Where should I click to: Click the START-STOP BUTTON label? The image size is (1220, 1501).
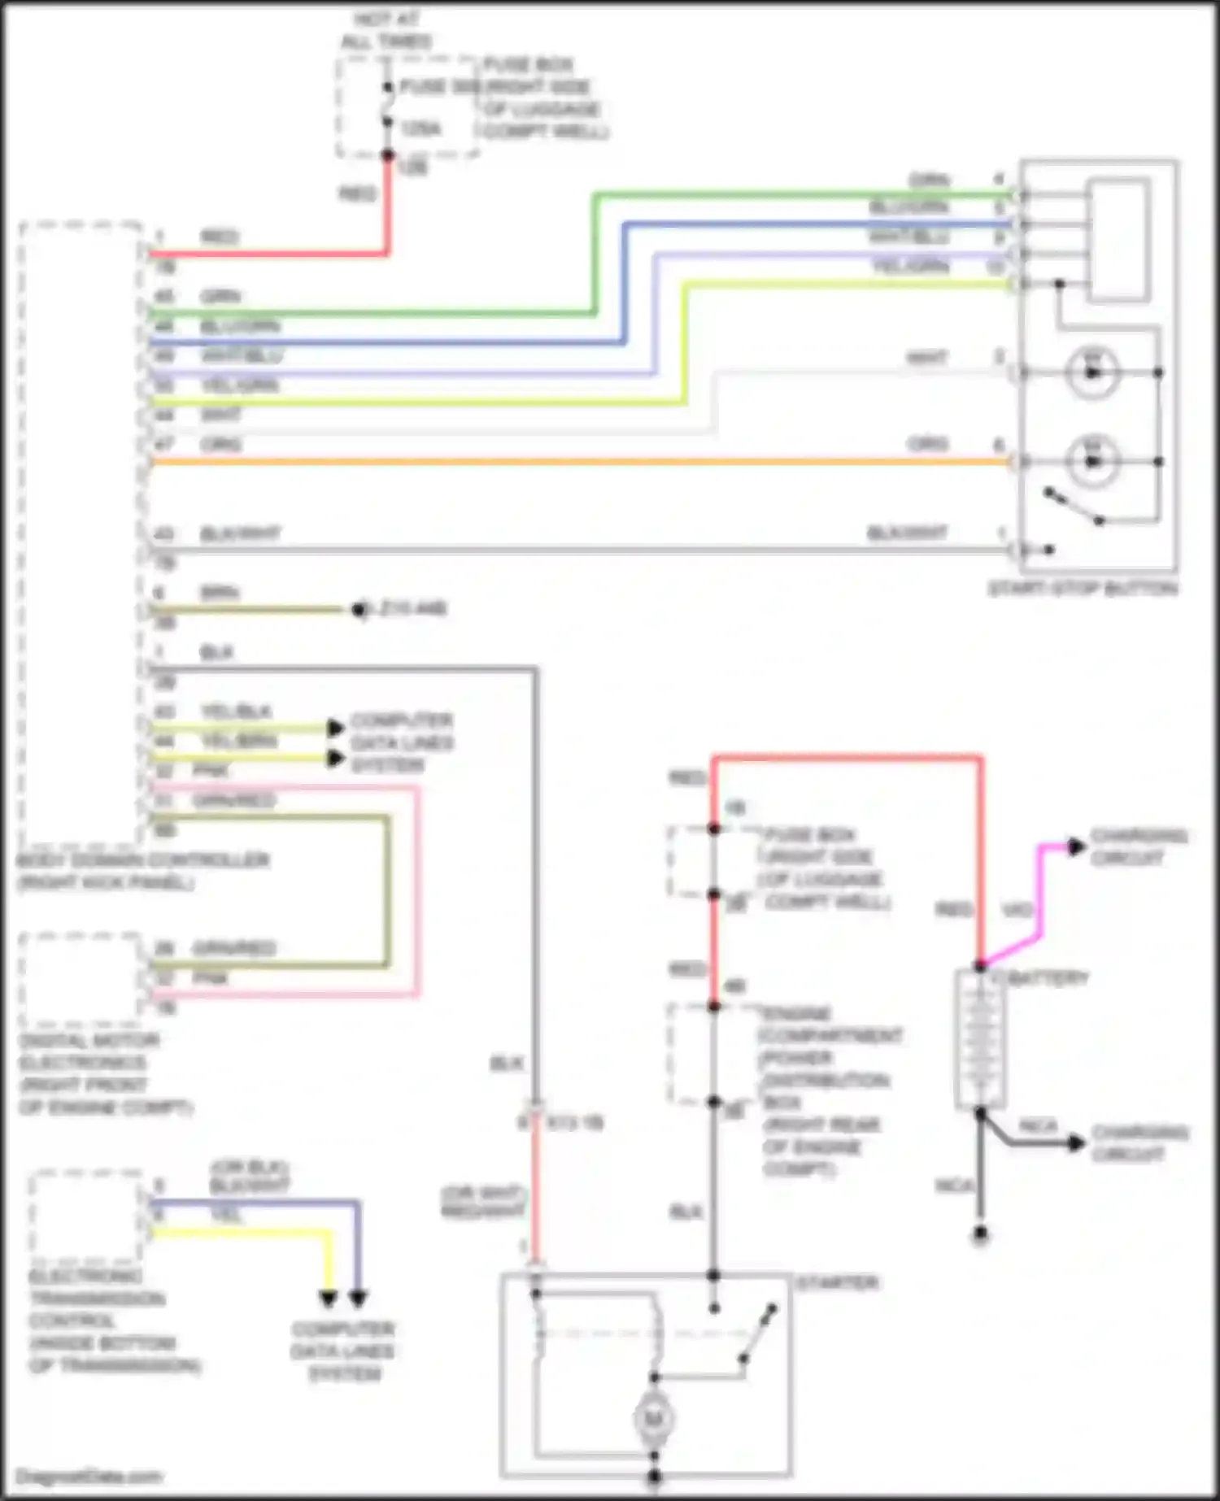[1083, 588]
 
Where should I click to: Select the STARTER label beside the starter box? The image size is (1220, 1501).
[837, 1283]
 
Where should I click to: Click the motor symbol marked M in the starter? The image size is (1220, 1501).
[653, 1418]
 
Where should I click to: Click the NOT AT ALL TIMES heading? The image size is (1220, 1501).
[386, 30]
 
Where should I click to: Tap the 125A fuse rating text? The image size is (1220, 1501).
[420, 128]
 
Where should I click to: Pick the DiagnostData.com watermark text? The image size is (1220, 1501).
[89, 1476]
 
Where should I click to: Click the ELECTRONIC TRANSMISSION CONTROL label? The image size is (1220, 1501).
[114, 1320]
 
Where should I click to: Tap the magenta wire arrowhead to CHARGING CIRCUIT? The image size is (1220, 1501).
[1076, 846]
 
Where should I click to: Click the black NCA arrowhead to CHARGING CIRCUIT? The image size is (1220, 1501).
[1076, 1143]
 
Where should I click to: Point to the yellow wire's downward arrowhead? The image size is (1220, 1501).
[328, 1299]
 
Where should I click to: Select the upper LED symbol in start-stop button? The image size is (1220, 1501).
[1092, 372]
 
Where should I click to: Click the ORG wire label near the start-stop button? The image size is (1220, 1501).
[928, 444]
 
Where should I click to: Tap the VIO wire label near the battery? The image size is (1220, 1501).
[1017, 910]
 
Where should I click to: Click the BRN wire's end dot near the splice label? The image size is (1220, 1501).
[359, 610]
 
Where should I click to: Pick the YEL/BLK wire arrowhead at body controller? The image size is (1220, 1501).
[335, 728]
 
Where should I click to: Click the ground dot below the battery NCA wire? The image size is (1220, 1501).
[980, 1234]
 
